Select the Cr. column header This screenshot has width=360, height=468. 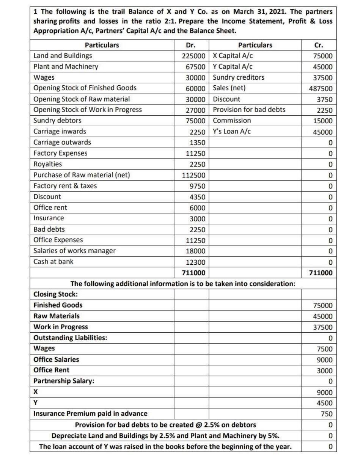(319, 45)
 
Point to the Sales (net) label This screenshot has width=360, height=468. (229, 88)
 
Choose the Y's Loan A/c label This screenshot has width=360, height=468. (231, 132)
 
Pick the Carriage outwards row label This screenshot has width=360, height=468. (62, 142)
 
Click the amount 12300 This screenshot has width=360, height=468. (197, 262)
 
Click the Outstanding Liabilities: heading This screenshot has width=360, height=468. (70, 338)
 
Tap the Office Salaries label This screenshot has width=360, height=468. (57, 359)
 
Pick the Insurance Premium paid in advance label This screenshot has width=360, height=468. (91, 413)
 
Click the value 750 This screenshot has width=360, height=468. (327, 414)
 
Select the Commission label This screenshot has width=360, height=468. (232, 121)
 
